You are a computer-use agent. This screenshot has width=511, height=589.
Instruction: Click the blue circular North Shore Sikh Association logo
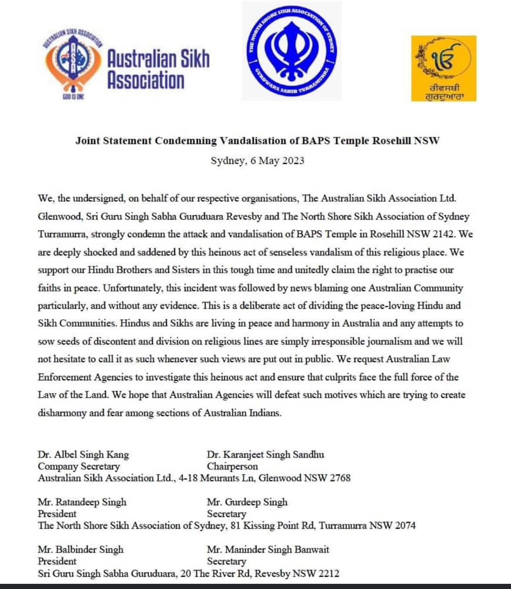click(291, 50)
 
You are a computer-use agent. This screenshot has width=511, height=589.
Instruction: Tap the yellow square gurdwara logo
click(443, 69)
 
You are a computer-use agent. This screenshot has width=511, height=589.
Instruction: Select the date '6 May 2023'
click(277, 161)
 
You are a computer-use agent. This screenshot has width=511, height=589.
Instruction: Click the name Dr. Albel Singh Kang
click(83, 455)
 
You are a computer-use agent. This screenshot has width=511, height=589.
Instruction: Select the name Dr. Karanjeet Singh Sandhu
click(265, 455)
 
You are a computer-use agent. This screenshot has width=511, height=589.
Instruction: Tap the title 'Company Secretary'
click(78, 466)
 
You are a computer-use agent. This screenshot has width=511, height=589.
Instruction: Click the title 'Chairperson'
click(232, 466)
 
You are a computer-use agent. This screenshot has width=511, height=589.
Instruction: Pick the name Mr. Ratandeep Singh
click(82, 502)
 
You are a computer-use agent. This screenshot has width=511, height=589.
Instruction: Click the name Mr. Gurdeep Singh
click(247, 502)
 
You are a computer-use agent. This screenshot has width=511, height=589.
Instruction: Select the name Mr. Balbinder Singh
click(80, 550)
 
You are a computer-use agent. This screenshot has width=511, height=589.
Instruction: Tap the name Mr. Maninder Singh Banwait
click(268, 550)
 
